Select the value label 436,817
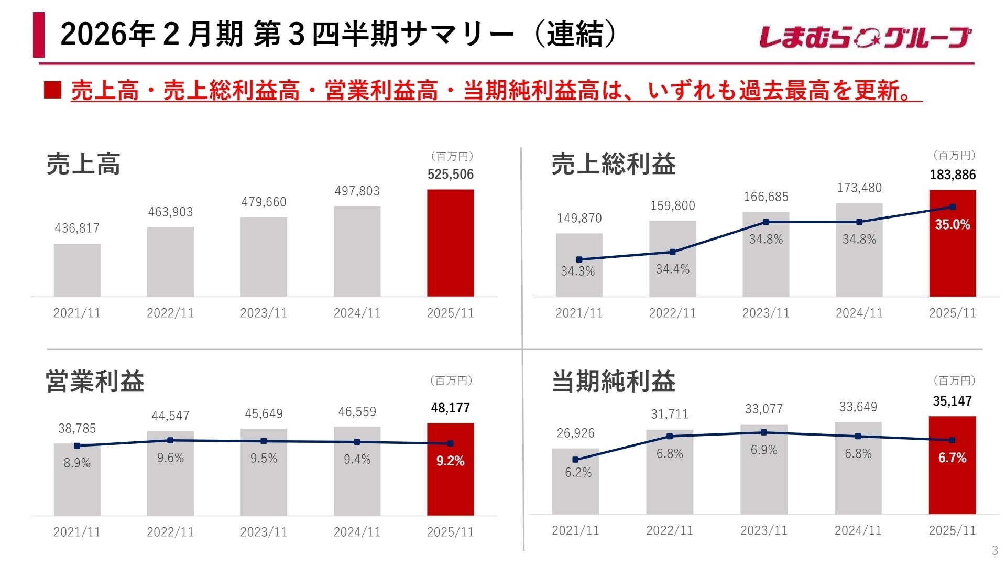coord(77,228)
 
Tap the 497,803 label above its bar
coord(357,191)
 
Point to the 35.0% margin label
coord(953,225)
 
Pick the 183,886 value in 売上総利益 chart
coord(953,175)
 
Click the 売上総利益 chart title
coord(614,164)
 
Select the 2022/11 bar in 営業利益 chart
coord(170,477)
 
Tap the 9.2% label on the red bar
coord(450,461)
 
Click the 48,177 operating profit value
coord(450,408)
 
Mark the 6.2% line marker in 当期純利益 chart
coord(575,460)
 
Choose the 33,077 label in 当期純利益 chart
coord(764,409)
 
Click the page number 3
coord(994,550)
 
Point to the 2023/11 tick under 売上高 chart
coord(264,313)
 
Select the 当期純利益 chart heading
coord(614,381)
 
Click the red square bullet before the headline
coord(53,90)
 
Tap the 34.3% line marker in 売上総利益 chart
coord(579,259)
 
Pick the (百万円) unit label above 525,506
coord(452,156)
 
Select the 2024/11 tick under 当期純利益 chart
coord(858,530)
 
